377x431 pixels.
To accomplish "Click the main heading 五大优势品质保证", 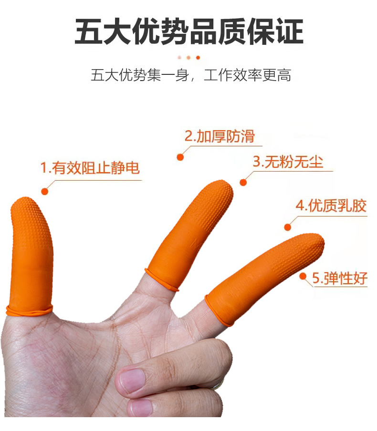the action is (189, 31).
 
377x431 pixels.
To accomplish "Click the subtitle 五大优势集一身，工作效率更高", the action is (191, 75).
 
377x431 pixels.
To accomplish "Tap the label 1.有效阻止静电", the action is (90, 168).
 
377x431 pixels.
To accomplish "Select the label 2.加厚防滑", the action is (220, 136).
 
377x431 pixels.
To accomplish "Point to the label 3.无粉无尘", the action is (288, 161).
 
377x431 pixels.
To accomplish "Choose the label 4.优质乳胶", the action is (331, 205).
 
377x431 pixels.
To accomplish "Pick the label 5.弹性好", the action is (340, 278).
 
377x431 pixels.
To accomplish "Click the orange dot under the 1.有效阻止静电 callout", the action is (44, 191).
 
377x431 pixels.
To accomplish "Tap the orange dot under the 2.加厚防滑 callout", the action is (180, 157).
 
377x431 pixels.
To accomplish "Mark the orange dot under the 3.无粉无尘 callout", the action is (243, 182).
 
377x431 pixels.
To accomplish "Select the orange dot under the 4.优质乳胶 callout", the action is (288, 227).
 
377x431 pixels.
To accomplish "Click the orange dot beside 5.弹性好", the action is (303, 276).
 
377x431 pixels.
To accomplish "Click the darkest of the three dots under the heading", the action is (198, 58).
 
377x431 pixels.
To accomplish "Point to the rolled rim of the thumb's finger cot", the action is (29, 310).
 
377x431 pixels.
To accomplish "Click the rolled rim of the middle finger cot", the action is (161, 280).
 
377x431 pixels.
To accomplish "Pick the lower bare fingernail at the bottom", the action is (141, 407).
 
